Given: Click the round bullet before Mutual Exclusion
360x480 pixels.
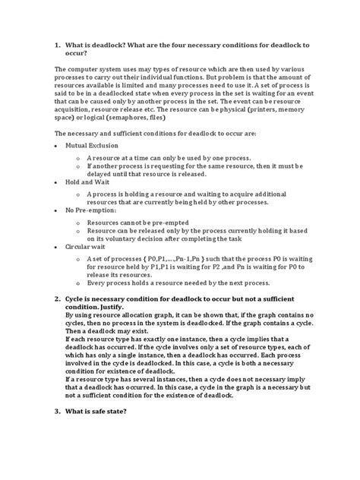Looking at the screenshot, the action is point(58,143).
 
